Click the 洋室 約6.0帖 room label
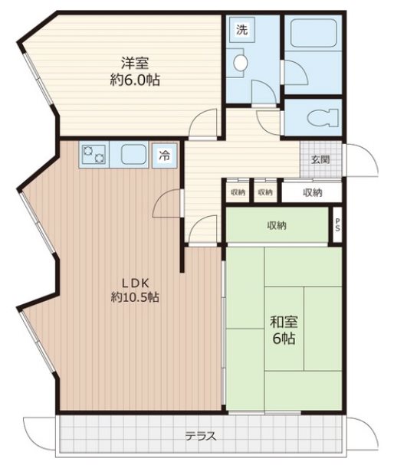click(x=135, y=71)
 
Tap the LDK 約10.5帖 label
click(x=135, y=290)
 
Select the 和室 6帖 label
click(x=284, y=329)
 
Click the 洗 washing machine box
click(x=241, y=30)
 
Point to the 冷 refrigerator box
click(x=165, y=156)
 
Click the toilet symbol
click(x=323, y=118)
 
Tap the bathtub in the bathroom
click(x=314, y=33)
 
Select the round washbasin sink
click(x=240, y=63)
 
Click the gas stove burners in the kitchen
click(x=94, y=155)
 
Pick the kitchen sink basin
click(x=134, y=155)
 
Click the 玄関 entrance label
click(x=320, y=160)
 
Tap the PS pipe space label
click(x=337, y=225)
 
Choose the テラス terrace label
click(x=201, y=436)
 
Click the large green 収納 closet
click(x=277, y=226)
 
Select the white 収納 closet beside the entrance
click(x=312, y=192)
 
